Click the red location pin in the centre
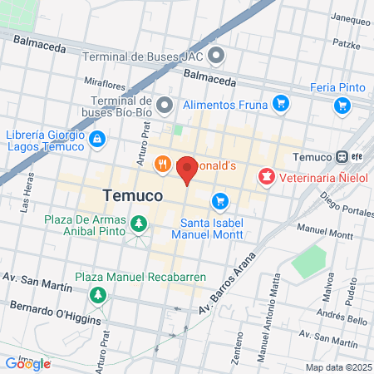pos(187,170)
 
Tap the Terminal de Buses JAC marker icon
pos(217,57)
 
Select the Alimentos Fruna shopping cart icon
pos(281,104)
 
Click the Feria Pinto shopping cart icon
pos(342,105)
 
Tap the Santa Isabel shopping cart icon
pos(220,200)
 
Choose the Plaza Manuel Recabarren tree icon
pos(98,294)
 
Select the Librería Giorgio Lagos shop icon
pos(98,138)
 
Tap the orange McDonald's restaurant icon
pos(163,165)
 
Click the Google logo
pos(27,363)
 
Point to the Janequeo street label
pos(350,17)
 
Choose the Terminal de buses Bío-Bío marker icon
pos(165,105)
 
